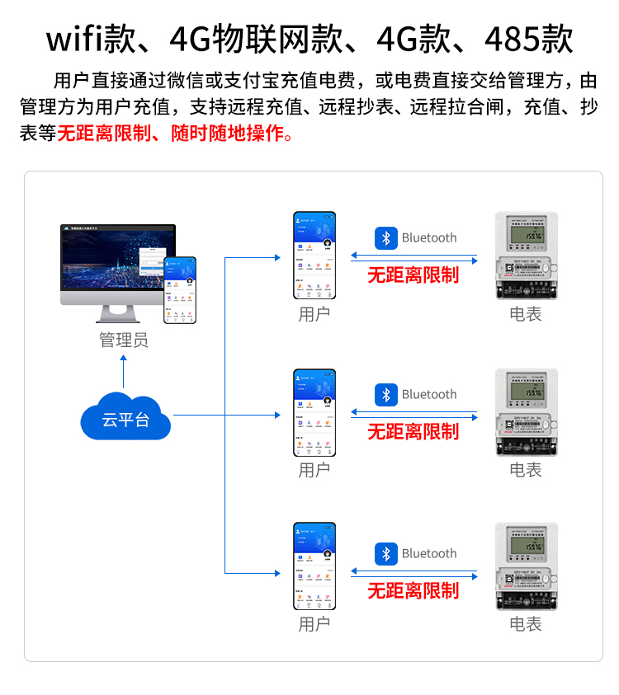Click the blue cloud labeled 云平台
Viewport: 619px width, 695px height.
125,419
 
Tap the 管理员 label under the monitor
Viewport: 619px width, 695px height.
124,340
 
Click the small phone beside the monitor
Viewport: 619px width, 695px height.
180,289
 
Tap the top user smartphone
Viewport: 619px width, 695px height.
314,256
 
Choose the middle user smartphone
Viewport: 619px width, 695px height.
314,412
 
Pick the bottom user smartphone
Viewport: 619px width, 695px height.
314,566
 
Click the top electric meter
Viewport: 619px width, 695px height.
526,256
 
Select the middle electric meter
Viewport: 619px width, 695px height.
526,411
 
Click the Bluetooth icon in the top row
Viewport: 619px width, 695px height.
386,238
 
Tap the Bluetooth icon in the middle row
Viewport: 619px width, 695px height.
386,395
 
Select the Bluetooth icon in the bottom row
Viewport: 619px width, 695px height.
386,554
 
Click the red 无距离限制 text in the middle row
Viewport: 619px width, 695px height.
413,431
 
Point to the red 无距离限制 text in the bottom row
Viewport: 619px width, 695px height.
413,590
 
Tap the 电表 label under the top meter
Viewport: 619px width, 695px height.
526,314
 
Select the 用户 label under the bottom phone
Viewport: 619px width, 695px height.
314,624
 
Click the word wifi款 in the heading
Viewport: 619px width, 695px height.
87,39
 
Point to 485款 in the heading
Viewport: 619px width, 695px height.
529,39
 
